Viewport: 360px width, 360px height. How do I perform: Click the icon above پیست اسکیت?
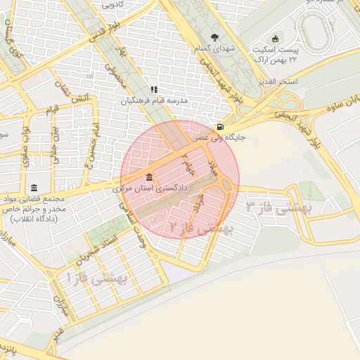point(275,38)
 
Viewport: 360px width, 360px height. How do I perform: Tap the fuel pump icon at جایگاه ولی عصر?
point(221,127)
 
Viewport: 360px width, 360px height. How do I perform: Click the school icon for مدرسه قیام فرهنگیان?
point(154,89)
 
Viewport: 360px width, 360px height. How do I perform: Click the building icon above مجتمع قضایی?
point(34,188)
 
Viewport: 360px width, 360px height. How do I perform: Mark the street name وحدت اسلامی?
point(136,224)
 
